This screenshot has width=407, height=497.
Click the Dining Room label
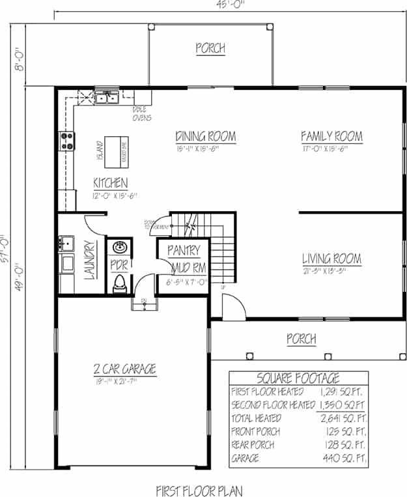coord(205,137)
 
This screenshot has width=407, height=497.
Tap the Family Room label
coord(331,137)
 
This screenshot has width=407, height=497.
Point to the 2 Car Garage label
coord(124,369)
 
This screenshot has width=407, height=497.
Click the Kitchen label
coord(110,183)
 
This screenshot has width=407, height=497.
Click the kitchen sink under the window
coord(106,99)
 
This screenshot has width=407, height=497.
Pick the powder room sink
coord(119,248)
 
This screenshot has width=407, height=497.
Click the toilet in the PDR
coord(120,282)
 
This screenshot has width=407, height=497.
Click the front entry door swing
coord(231,307)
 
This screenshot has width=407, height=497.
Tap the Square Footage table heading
coord(298,378)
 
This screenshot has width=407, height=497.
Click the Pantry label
coord(183,250)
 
